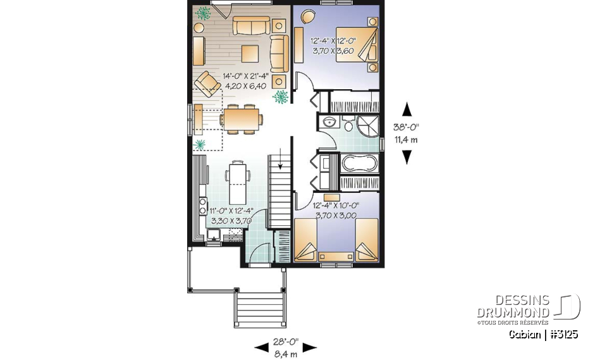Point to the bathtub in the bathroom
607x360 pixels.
point(359,164)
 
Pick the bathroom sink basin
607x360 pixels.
point(329,121)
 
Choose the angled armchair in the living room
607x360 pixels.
point(207,82)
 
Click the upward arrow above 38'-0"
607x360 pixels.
point(407,109)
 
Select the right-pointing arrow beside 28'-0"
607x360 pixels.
point(309,347)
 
